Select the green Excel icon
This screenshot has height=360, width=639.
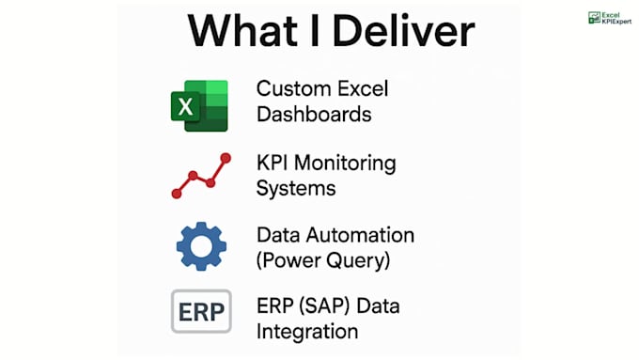coord(199,101)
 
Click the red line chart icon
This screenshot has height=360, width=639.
coord(200,175)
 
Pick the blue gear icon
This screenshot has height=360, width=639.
coord(201,246)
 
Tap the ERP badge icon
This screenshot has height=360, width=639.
coord(201,312)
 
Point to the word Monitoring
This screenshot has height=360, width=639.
coord(345,164)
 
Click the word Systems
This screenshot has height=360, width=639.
coord(296,188)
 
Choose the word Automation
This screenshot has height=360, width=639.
coord(360,235)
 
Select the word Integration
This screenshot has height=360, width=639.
coord(307,332)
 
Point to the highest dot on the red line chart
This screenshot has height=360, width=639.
coord(225,159)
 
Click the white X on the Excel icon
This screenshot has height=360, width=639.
coord(186,106)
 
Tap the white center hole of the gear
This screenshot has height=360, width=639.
coord(201,246)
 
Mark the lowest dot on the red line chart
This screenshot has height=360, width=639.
coord(176,193)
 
